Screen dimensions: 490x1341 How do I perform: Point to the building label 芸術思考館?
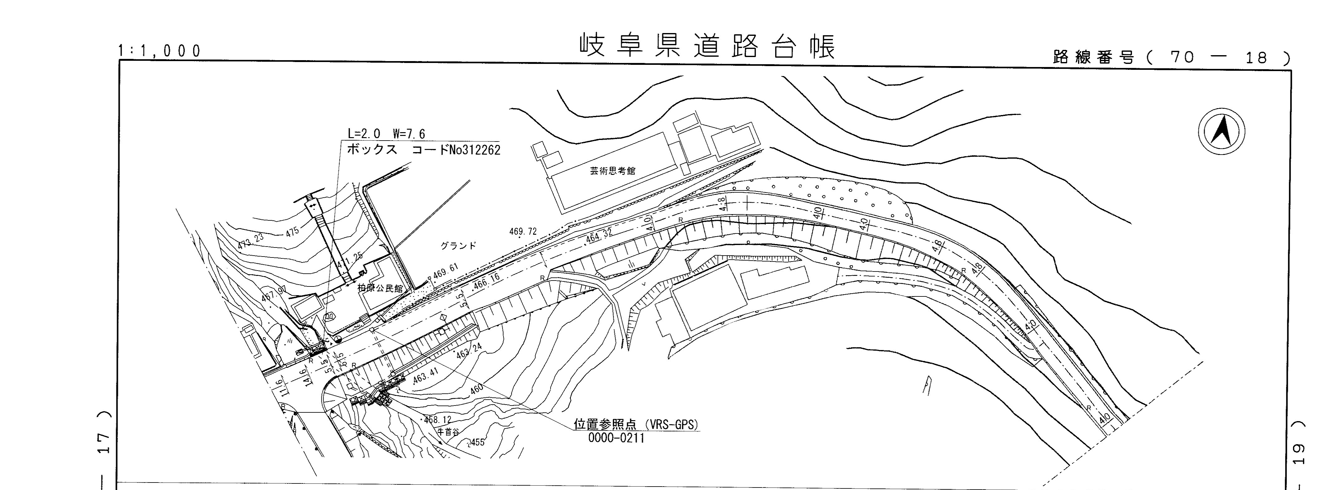(612, 171)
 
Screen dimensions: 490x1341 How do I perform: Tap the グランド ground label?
(458, 246)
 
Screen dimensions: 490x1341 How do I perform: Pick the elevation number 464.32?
(598, 237)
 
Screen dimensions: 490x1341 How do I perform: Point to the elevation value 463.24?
(469, 351)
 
